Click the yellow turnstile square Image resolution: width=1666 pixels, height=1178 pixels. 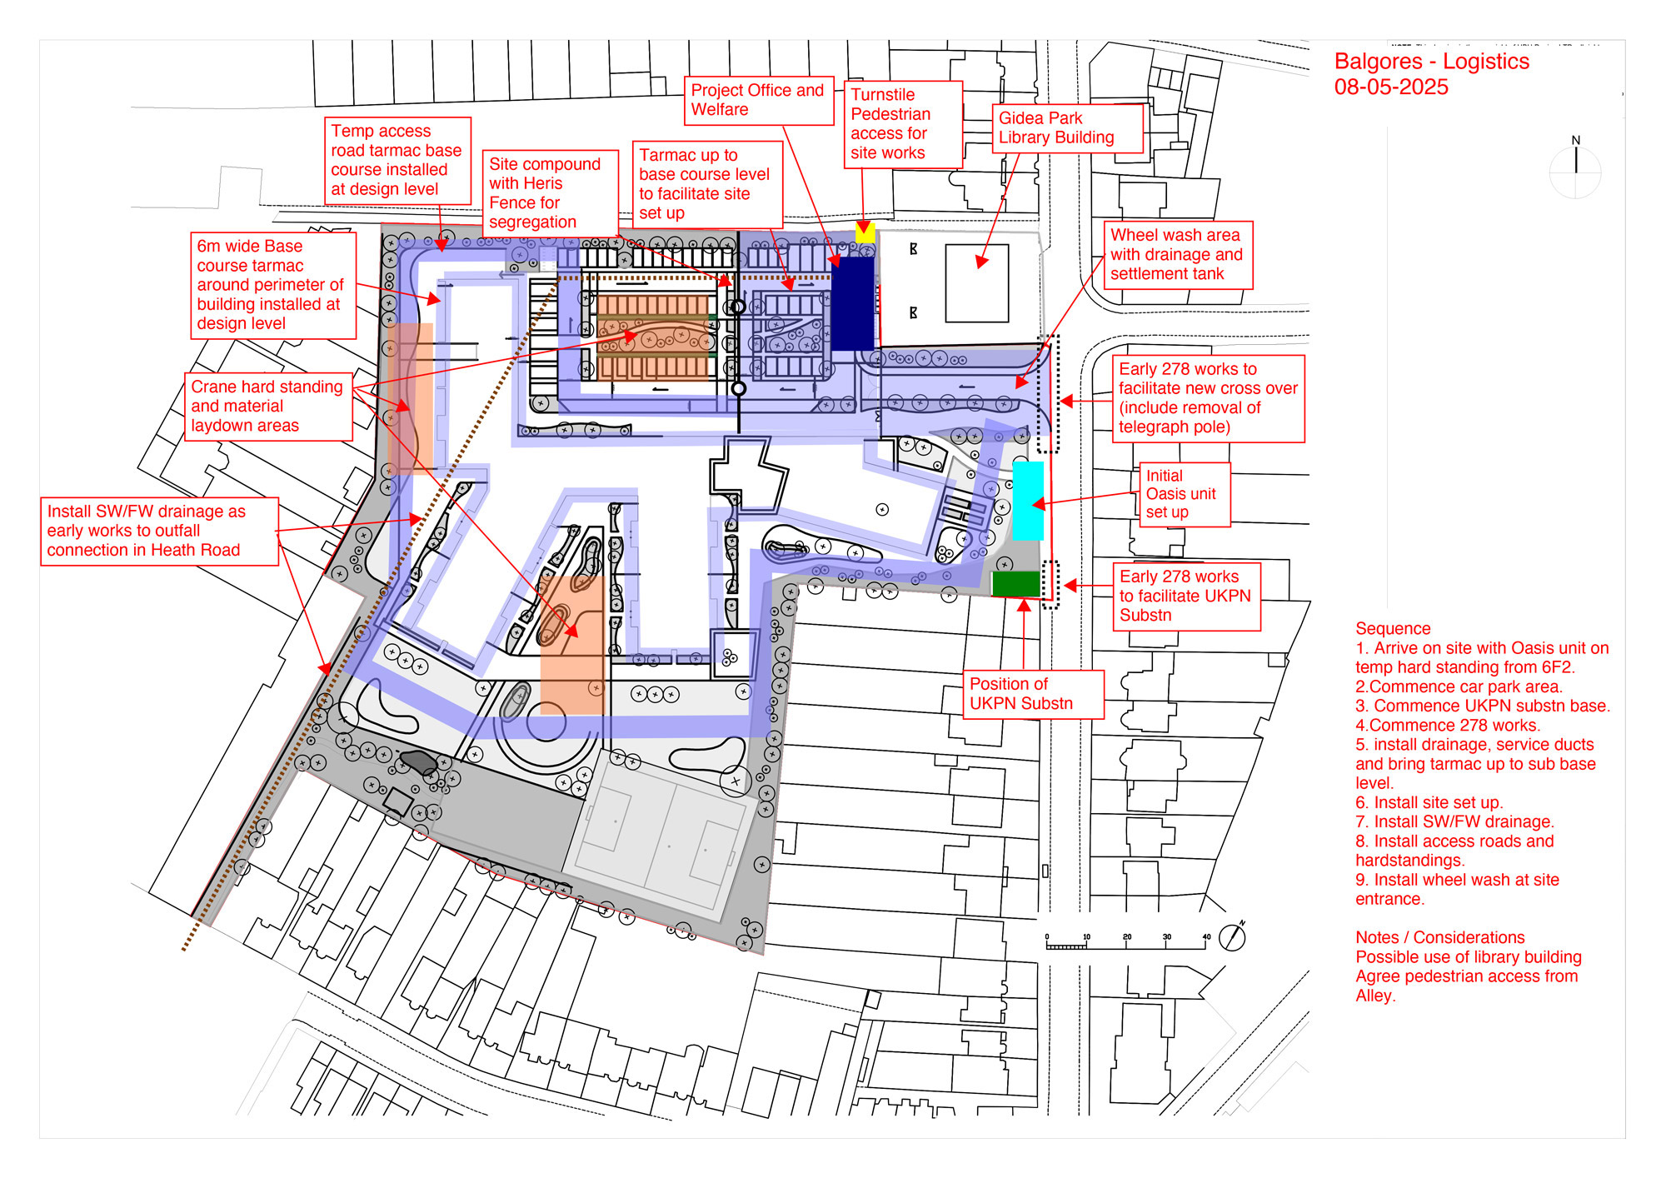pos(865,233)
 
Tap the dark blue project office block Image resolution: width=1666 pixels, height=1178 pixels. pos(853,302)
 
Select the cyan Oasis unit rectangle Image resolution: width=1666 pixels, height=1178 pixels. pos(1028,501)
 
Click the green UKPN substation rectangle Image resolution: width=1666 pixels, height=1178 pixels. pos(1015,584)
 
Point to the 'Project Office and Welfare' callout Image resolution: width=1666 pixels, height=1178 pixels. pos(759,101)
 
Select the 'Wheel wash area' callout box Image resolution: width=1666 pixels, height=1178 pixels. pos(1178,255)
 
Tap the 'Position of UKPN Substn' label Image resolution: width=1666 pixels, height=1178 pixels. pos(1033,694)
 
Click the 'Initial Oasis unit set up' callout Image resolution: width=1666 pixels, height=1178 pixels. pos(1185,495)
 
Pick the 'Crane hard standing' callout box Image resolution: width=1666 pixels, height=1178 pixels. pos(268,407)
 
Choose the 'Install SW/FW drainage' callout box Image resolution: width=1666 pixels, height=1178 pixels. pos(159,532)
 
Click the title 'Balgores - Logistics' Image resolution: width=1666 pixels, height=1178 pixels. pos(1431,62)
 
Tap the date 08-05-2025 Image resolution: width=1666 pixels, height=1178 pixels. pos(1391,87)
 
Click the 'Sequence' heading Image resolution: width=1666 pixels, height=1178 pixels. pos(1393,629)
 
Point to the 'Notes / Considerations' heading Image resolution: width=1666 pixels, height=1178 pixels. pos(1439,938)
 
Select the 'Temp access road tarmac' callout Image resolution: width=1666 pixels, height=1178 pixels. pos(397,161)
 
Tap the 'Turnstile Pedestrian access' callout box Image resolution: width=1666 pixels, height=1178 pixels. pos(903,125)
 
